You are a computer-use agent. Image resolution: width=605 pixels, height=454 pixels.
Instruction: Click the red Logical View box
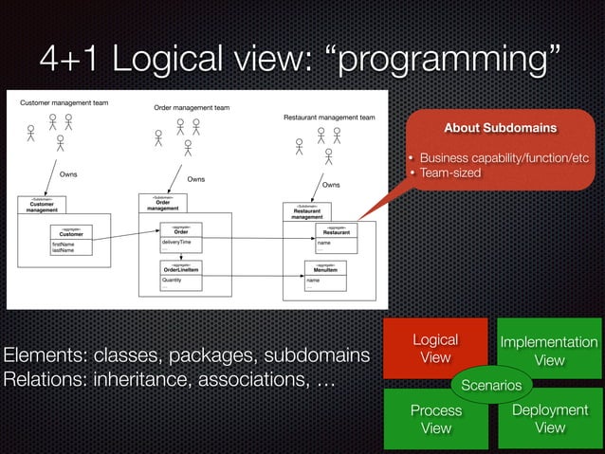434,348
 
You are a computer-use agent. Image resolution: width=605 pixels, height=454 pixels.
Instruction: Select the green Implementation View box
549,350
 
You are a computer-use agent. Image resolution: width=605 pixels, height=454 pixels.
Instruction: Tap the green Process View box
435,418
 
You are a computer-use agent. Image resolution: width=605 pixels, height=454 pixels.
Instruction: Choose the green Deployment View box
550,418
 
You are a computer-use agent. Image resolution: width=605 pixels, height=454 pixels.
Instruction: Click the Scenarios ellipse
491,386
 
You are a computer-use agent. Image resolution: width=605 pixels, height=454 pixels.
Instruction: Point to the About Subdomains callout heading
501,127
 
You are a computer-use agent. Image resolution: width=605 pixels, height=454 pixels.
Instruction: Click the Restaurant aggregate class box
337,238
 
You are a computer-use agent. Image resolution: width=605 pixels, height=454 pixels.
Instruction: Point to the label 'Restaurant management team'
329,118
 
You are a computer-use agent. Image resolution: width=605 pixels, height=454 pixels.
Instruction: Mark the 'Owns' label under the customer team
68,174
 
